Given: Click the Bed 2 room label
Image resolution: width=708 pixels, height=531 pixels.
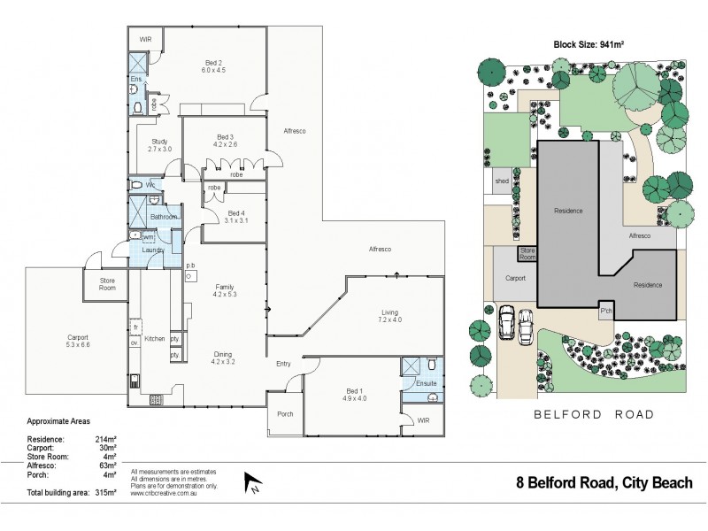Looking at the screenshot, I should coord(212,62).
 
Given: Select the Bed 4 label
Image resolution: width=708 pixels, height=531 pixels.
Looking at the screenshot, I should coord(235,213).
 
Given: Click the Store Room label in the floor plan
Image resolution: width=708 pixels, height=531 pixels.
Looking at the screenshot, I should coord(107,284).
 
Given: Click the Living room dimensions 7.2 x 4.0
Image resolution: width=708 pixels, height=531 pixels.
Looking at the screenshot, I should coord(389,322).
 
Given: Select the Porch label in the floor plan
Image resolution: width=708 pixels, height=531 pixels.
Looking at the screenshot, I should coord(285,415).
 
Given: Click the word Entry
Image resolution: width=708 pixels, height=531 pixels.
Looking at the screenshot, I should coord(283,364).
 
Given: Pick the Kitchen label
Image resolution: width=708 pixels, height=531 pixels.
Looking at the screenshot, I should coord(155,339).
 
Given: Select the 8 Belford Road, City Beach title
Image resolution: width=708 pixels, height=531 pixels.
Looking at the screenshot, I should coord(604,483).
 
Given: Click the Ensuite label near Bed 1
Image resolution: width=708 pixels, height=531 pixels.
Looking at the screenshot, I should coord(413,383).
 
